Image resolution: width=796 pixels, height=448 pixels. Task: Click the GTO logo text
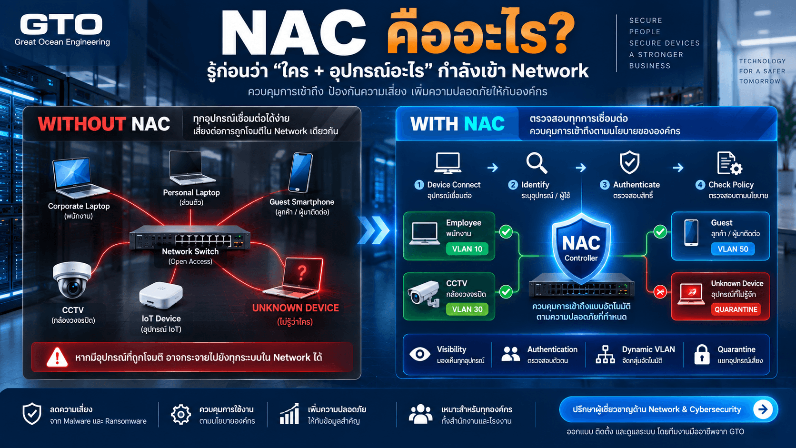(x=61, y=24)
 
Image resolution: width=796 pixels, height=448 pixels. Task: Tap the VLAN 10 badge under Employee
(x=467, y=249)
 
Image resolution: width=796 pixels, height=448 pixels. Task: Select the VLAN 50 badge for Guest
(x=733, y=249)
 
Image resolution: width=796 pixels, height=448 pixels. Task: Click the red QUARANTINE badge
(x=736, y=309)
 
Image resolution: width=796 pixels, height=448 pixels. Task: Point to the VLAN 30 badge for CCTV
(x=467, y=309)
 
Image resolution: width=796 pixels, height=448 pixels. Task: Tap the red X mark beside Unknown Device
(x=660, y=292)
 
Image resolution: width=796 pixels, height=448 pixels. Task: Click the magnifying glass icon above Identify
(x=537, y=163)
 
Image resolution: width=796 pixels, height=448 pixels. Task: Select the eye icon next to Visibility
(x=420, y=354)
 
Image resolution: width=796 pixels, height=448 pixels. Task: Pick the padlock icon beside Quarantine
(x=702, y=355)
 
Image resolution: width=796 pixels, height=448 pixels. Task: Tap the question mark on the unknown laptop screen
(x=302, y=272)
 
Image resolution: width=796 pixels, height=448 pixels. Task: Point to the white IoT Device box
(x=160, y=295)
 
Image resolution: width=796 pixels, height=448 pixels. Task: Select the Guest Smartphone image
(x=300, y=173)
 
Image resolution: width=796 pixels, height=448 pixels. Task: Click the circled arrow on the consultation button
(x=763, y=409)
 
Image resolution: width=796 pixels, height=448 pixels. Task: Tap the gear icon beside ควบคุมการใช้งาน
(x=181, y=414)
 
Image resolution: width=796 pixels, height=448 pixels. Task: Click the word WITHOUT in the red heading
(x=81, y=124)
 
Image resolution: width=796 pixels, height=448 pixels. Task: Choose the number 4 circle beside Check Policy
(x=700, y=185)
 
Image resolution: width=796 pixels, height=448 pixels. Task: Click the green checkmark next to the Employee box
(x=506, y=232)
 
